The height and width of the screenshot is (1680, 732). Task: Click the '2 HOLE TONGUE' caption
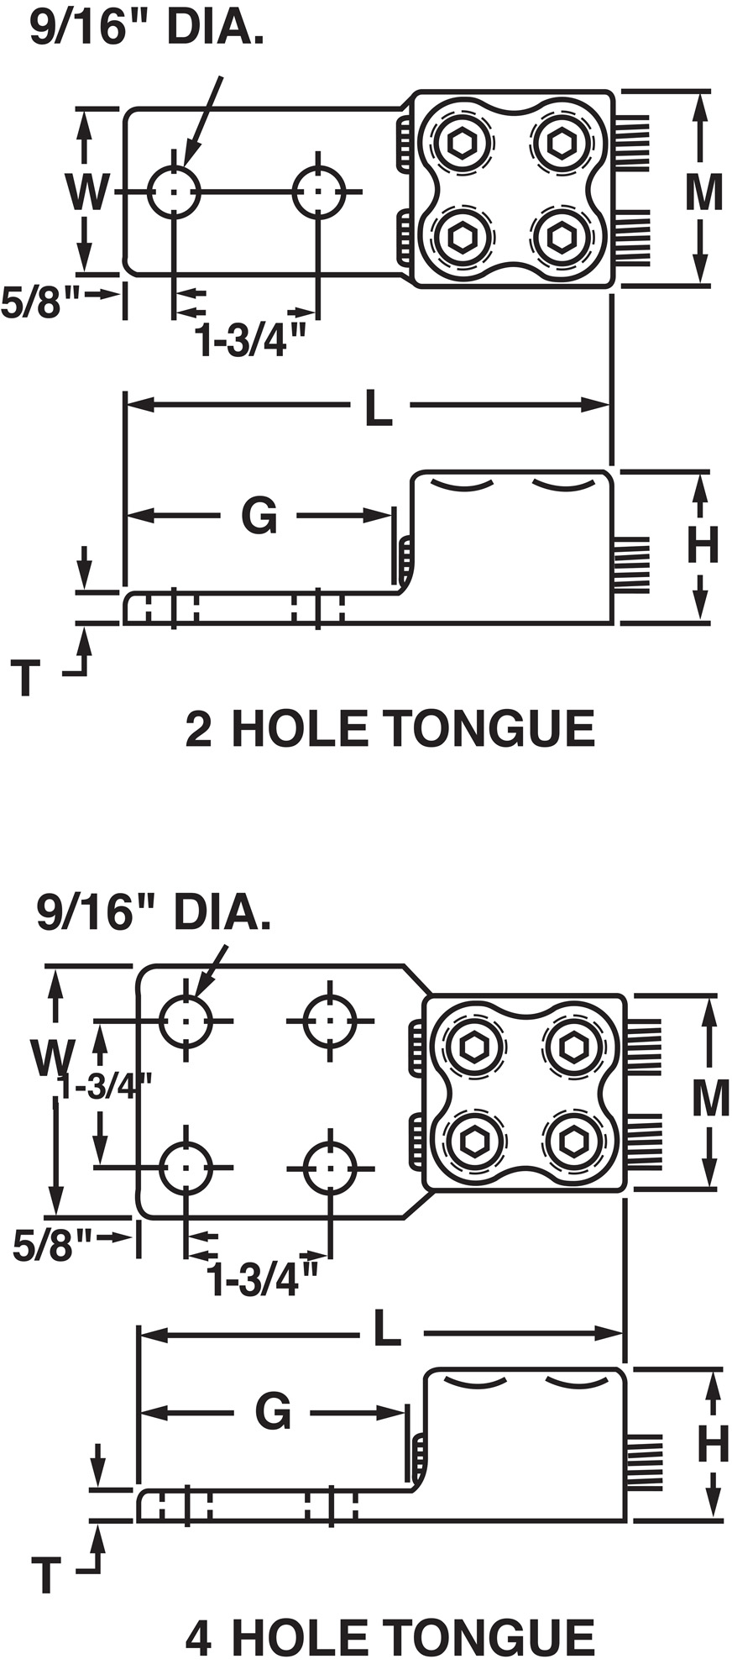(x=390, y=728)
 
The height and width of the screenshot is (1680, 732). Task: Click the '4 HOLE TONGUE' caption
(x=390, y=1639)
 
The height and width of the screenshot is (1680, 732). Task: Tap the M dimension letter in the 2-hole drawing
(x=703, y=192)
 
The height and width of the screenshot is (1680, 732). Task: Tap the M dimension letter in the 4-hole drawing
(x=710, y=1097)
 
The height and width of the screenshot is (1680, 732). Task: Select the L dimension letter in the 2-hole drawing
(x=379, y=409)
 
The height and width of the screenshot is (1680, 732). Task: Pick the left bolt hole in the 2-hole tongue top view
(x=173, y=192)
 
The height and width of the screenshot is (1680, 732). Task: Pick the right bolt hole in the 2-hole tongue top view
(x=318, y=192)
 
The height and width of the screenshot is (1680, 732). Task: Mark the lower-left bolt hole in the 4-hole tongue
(x=186, y=1168)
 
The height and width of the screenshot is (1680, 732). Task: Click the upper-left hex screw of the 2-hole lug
(x=461, y=144)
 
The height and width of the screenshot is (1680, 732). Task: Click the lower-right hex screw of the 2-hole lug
(x=560, y=237)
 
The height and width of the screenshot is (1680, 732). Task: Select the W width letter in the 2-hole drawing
(x=86, y=192)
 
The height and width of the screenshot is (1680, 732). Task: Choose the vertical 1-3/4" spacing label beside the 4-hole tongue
(x=105, y=1086)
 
